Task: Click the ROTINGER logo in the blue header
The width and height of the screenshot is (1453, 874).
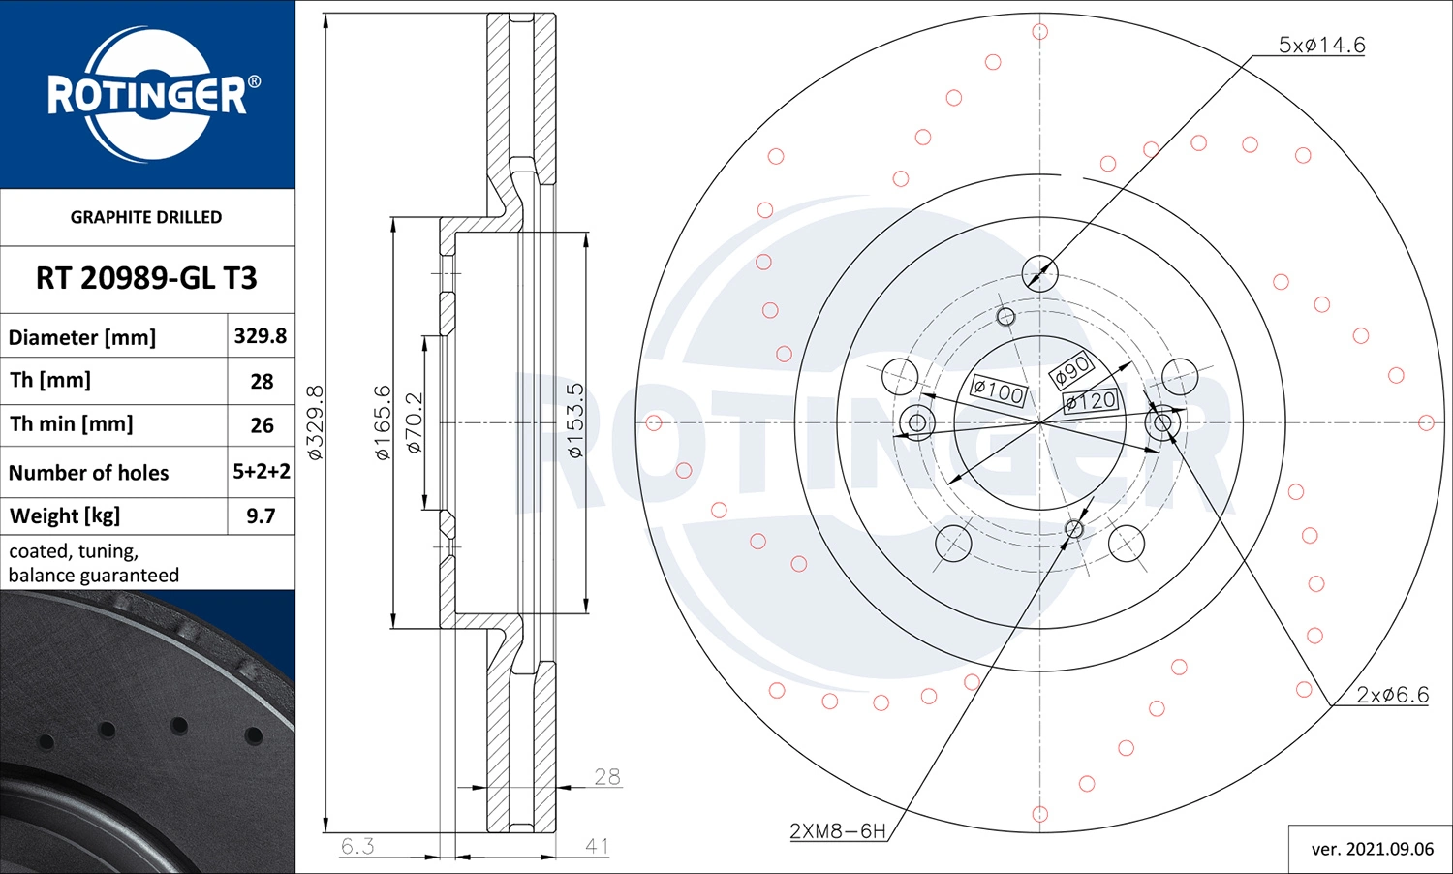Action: [x=147, y=94]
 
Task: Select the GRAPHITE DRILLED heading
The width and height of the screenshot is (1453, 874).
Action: [x=146, y=217]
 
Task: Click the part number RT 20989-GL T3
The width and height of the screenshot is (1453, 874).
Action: [x=146, y=278]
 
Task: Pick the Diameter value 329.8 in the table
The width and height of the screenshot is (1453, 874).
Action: [x=261, y=336]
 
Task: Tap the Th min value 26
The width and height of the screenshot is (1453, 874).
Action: [x=262, y=425]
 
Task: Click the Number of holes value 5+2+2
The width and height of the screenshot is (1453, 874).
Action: [x=262, y=472]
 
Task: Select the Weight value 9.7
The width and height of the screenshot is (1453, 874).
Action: [x=261, y=515]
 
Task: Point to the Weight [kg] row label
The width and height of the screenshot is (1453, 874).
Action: [x=65, y=515]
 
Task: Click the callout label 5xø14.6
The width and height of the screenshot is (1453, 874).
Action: [x=1321, y=45]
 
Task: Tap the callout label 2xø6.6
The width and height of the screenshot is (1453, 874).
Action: [x=1392, y=695]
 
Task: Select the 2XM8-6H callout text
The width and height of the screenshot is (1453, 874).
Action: [x=837, y=830]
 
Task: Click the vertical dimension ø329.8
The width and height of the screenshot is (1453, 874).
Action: [x=315, y=422]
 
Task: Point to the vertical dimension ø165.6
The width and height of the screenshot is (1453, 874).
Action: [x=383, y=422]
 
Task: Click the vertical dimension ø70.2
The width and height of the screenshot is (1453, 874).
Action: [x=414, y=422]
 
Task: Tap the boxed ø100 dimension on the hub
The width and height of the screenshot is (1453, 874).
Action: [x=998, y=391]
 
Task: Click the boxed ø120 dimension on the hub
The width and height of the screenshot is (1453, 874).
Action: [x=1091, y=400]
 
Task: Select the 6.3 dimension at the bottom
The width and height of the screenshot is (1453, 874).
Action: [x=357, y=846]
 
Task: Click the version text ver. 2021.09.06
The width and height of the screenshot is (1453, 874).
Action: [x=1372, y=849]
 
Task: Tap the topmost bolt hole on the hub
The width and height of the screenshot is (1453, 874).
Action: [x=1039, y=273]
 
